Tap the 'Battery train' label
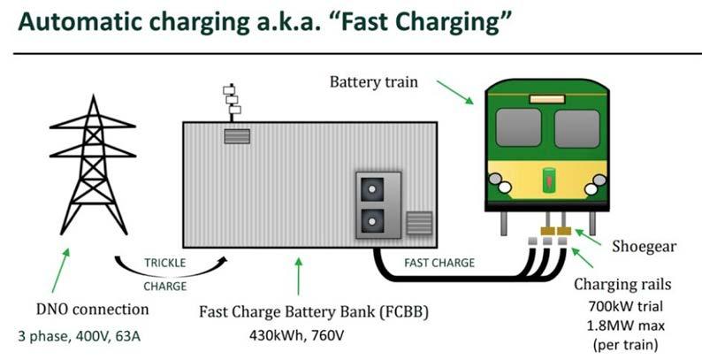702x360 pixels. tap(372, 83)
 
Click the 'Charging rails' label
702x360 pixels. tap(624, 285)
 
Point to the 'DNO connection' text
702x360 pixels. tap(90, 310)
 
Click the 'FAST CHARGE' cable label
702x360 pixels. tap(439, 263)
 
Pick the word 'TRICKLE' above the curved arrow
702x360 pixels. tap(165, 263)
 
